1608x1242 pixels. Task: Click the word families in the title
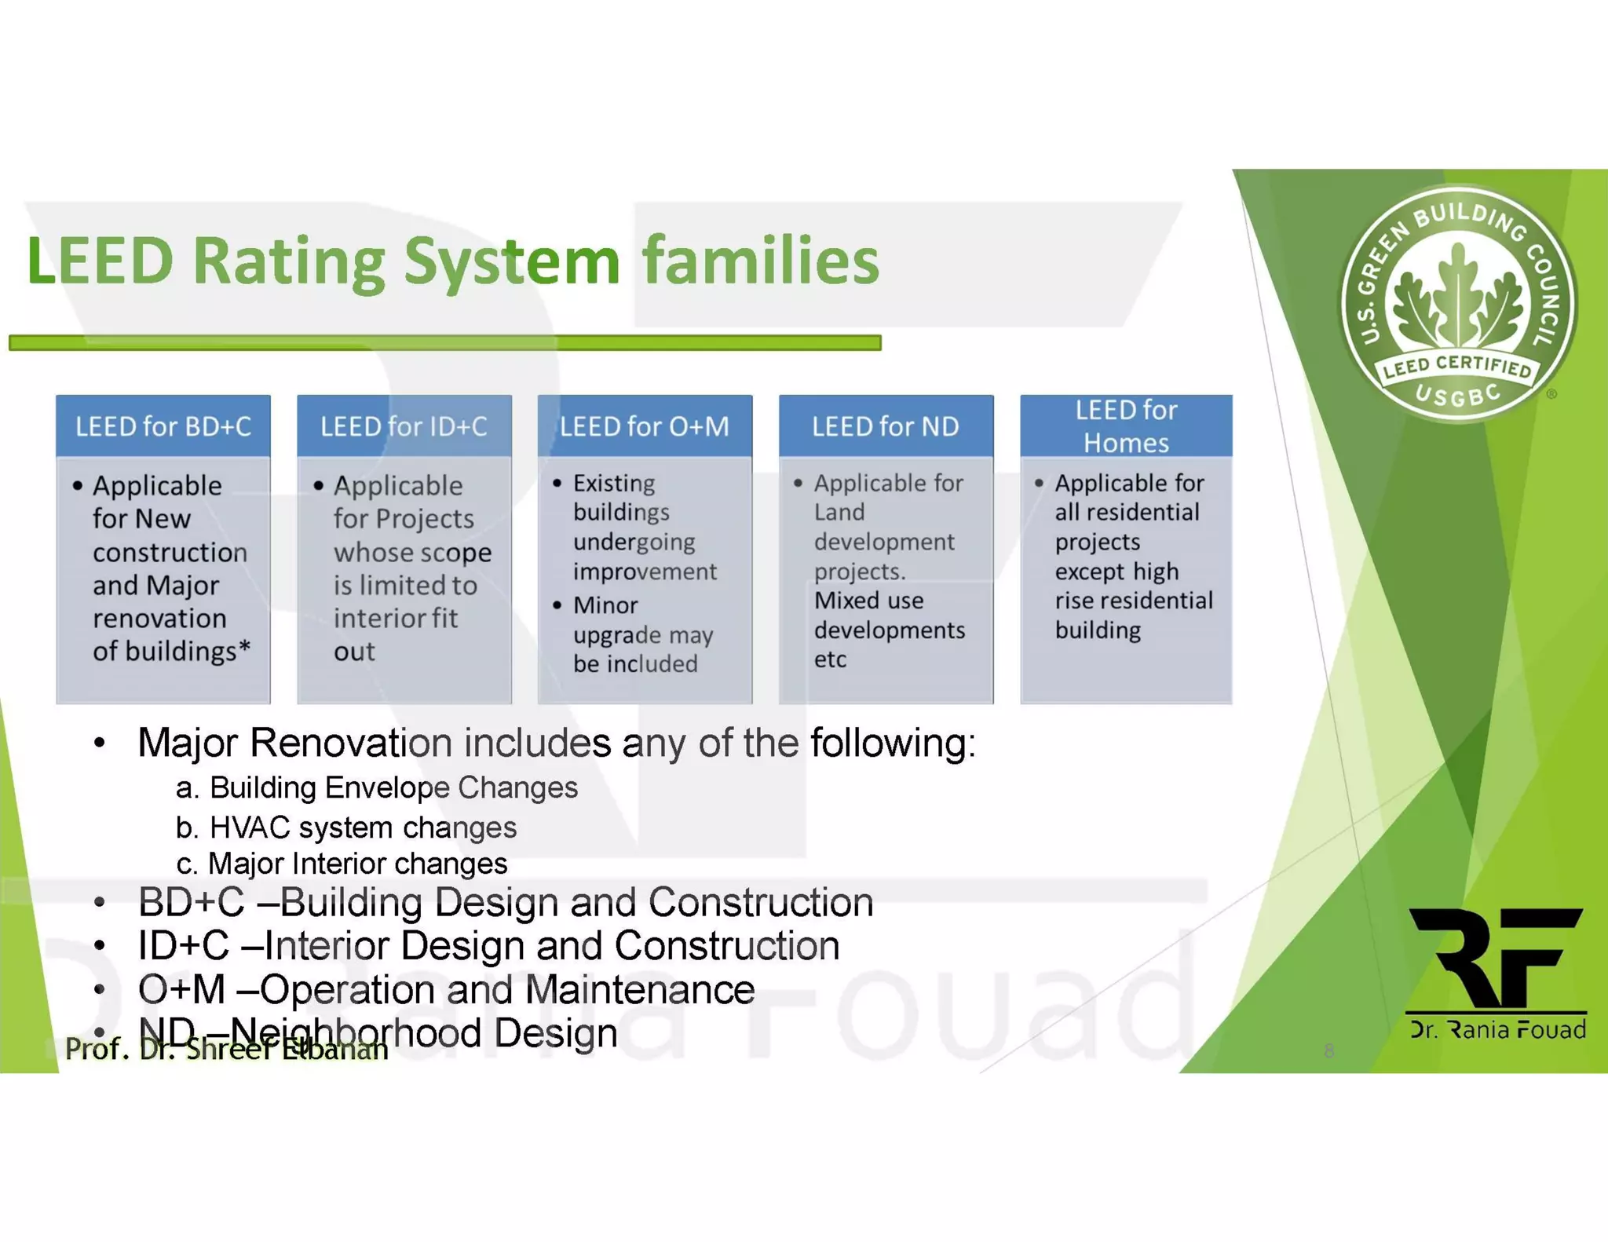point(760,261)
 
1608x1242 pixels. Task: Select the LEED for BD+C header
point(163,426)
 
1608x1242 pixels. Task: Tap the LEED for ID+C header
point(404,426)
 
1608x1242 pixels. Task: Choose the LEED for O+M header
point(644,426)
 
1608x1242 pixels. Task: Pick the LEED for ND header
point(885,426)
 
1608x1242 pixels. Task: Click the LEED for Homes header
point(1125,426)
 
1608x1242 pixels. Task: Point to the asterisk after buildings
point(244,648)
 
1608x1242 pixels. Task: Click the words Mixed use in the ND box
point(868,601)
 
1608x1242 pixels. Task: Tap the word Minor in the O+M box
point(605,605)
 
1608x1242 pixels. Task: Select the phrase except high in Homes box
point(1116,572)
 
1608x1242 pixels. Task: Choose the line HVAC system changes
point(363,827)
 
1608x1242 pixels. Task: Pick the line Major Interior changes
point(357,864)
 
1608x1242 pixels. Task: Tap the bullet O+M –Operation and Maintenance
point(446,989)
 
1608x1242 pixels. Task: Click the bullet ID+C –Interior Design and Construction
point(488,945)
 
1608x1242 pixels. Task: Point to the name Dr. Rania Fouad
point(1497,1029)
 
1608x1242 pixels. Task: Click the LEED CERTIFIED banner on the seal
point(1458,367)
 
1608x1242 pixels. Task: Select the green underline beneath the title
point(444,342)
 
